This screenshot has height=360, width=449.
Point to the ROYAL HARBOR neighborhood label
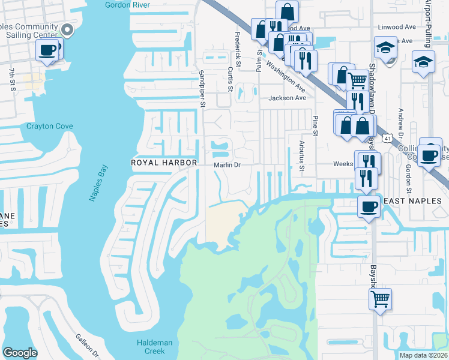pos(164,163)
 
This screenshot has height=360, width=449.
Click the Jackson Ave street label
pos(287,98)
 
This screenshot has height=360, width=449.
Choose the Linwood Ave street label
pos(397,27)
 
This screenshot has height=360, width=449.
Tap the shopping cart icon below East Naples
pos(381,298)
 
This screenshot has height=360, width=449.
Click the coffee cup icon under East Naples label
pos(369,206)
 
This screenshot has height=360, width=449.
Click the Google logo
pos(20,352)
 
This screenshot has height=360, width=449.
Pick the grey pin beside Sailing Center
pos(68,29)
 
